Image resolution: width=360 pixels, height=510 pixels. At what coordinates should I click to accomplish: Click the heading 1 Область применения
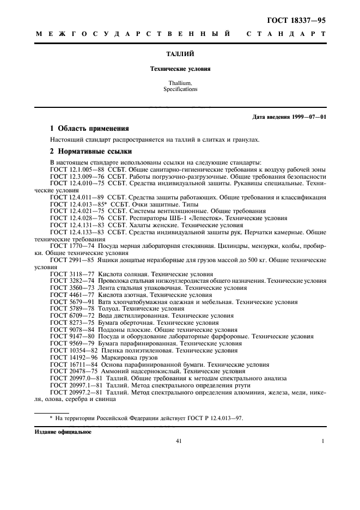click(x=89, y=129)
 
